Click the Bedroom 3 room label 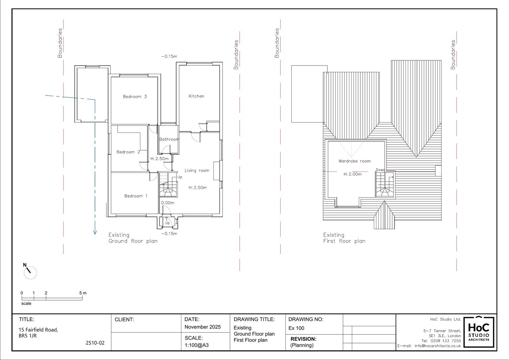[x=135, y=97]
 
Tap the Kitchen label [x=196, y=96]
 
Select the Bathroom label [x=169, y=139]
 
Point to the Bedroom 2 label [x=128, y=152]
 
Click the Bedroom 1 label [x=136, y=196]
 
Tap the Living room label [x=197, y=170]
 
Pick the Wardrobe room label [x=354, y=161]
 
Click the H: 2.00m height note [x=352, y=174]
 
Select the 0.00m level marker [x=168, y=203]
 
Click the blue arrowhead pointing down [x=95, y=232]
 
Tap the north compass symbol [x=30, y=272]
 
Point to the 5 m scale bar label [x=83, y=293]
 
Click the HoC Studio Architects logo [x=479, y=332]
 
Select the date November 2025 [x=202, y=327]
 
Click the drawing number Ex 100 [x=296, y=328]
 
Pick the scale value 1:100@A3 [x=197, y=345]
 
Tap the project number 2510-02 [x=95, y=343]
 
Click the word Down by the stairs [x=380, y=170]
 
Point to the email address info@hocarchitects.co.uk [x=438, y=346]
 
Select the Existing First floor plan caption [x=344, y=238]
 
